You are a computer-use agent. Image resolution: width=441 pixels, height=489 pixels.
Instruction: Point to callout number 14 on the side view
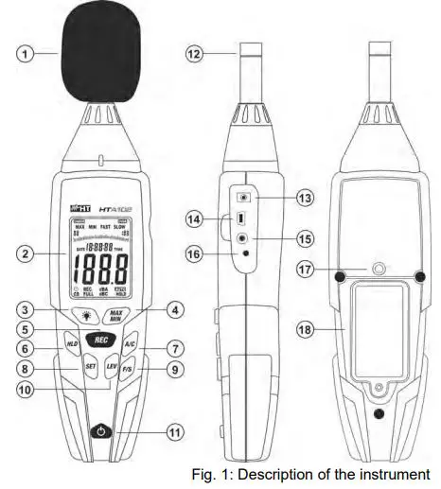tap(194, 218)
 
